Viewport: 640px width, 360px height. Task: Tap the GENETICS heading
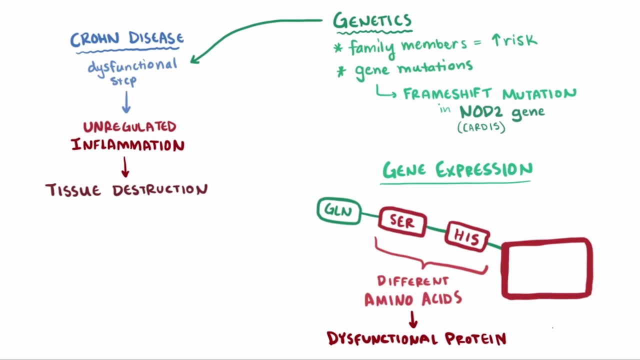(x=372, y=21)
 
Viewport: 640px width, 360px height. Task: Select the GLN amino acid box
(x=339, y=210)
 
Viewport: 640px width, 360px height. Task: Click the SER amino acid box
(x=402, y=222)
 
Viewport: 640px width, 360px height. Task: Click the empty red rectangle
(x=547, y=268)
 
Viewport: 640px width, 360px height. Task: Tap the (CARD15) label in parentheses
(x=481, y=127)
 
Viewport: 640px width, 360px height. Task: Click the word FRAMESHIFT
(x=449, y=94)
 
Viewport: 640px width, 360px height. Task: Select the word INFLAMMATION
(x=128, y=145)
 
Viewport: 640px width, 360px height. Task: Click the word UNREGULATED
(x=129, y=127)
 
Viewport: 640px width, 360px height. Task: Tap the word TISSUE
(x=73, y=190)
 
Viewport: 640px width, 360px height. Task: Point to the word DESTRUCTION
(x=159, y=190)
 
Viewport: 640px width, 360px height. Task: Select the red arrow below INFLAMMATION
(x=125, y=167)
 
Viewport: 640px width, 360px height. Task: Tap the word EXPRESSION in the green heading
(x=484, y=170)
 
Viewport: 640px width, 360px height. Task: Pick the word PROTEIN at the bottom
(x=475, y=339)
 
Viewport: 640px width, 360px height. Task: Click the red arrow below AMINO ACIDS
(x=413, y=319)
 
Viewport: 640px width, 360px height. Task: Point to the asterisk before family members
(x=338, y=48)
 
